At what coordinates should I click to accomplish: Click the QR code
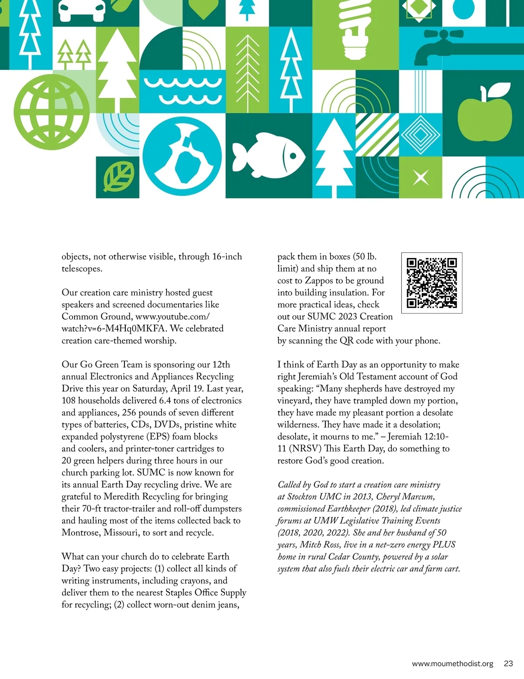click(431, 282)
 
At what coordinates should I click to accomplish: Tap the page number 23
click(508, 663)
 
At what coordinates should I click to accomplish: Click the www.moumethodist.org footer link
click(452, 663)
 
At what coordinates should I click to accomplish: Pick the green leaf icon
click(118, 177)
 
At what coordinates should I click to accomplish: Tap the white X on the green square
click(421, 178)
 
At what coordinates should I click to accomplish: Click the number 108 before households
click(69, 400)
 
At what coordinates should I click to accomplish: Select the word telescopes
click(82, 269)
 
